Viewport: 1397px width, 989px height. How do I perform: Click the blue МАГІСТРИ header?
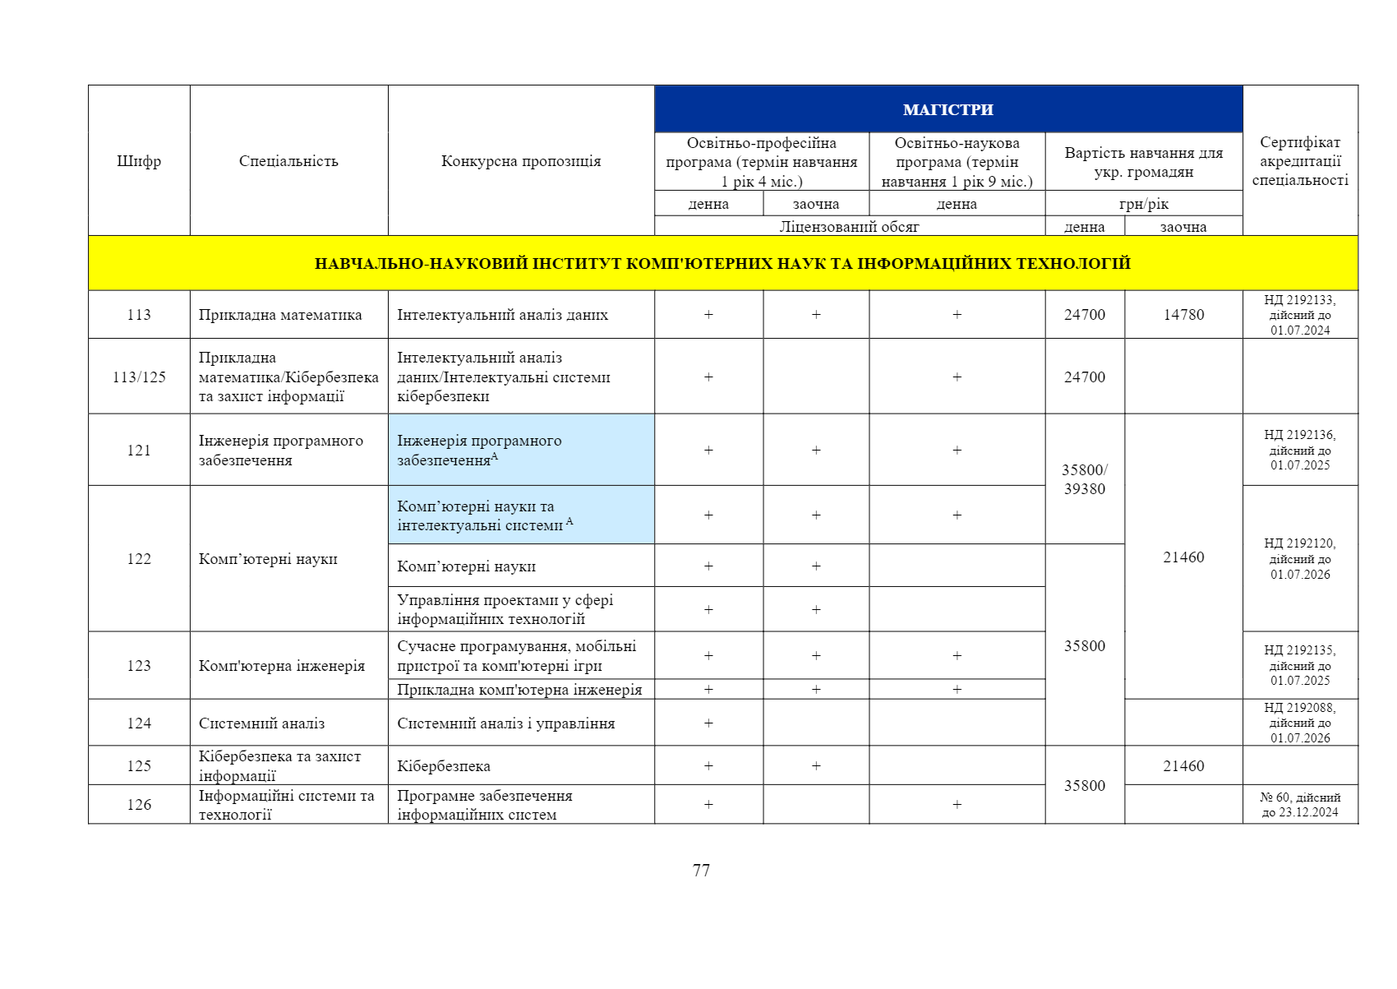[947, 109]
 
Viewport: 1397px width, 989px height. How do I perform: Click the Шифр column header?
[139, 161]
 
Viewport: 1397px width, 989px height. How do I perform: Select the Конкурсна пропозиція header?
[521, 161]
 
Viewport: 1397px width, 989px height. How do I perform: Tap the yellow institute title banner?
[722, 263]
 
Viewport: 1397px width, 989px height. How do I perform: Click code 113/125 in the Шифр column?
[139, 377]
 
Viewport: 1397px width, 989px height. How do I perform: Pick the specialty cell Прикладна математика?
[280, 315]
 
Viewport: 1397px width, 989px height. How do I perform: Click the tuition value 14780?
[1183, 315]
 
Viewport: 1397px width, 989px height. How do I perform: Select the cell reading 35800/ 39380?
[1084, 479]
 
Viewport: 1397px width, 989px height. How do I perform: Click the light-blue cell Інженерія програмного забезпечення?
[521, 450]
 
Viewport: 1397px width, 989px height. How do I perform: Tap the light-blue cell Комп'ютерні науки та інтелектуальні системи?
[521, 515]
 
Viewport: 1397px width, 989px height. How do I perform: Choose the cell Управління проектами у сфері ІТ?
[521, 609]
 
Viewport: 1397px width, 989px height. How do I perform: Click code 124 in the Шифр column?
[139, 723]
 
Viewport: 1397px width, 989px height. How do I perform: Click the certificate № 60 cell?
[1299, 805]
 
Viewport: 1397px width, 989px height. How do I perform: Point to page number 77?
[701, 870]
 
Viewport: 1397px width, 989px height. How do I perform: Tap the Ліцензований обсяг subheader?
[849, 227]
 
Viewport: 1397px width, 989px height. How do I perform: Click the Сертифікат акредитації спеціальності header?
[1299, 161]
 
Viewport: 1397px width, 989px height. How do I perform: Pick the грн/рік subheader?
[1143, 204]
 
